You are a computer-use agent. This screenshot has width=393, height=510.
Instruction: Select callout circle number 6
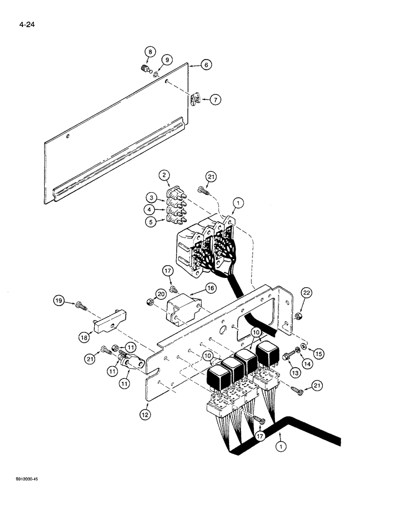point(206,65)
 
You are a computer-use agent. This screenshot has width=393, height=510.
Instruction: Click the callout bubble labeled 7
point(216,99)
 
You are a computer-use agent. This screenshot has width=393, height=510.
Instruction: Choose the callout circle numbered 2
point(164,176)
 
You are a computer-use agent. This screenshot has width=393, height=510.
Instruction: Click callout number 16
point(210,288)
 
